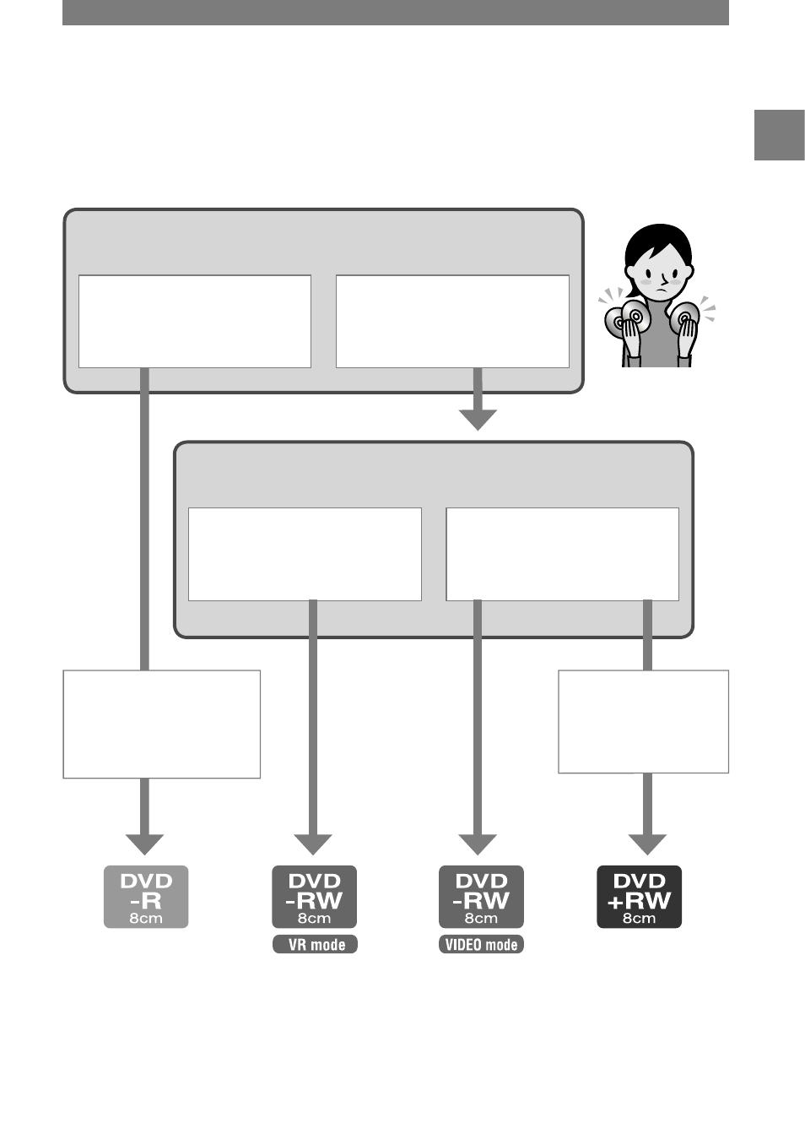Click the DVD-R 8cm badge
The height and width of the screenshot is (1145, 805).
[x=146, y=897]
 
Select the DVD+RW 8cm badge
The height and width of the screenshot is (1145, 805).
[x=639, y=897]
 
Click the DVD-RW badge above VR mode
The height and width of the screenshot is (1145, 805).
[x=314, y=897]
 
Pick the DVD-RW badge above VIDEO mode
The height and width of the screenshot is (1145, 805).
[x=481, y=897]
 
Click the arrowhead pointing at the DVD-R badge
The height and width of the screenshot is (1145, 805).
[x=144, y=844]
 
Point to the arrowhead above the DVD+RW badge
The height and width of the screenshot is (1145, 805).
[x=647, y=844]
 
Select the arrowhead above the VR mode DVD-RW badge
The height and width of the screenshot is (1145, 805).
[x=313, y=844]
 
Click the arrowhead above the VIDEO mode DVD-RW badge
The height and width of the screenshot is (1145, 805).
[x=478, y=844]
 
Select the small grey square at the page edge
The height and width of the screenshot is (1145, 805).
[x=780, y=135]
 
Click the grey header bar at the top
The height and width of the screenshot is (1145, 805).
[x=396, y=13]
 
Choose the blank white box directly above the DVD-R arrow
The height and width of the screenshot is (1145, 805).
[x=162, y=724]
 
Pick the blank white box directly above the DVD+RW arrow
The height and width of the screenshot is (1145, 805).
[x=644, y=722]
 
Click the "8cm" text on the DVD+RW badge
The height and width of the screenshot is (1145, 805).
[x=639, y=918]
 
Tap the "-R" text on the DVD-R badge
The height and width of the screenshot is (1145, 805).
[x=146, y=901]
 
